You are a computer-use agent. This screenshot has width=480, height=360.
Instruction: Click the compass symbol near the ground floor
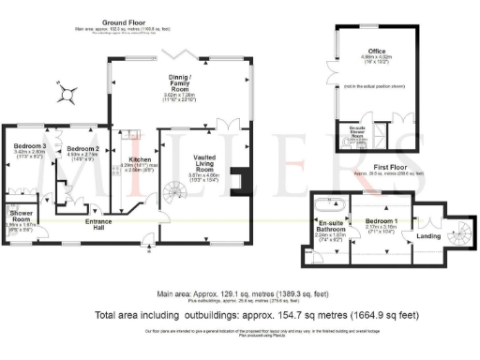coord(68,92)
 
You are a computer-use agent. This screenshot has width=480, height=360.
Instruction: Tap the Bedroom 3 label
coord(28,147)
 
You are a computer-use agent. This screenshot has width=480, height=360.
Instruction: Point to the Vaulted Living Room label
coord(201,164)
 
